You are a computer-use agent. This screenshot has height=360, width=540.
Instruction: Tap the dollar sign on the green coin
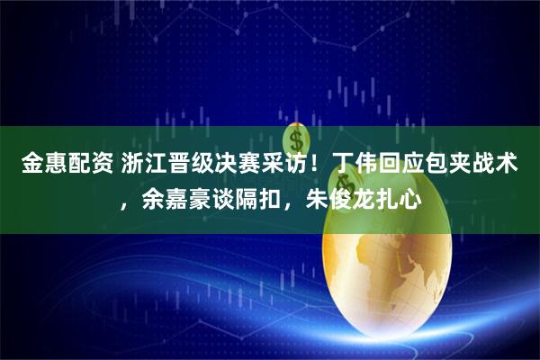[296, 139]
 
